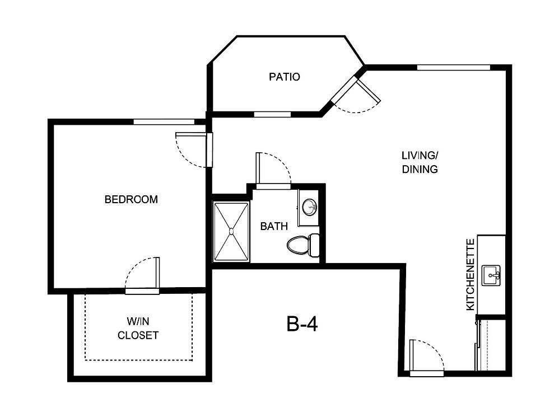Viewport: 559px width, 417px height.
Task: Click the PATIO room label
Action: [x=285, y=77]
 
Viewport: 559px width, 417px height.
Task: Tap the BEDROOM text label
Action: [x=131, y=199]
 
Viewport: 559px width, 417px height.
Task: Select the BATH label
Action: [x=274, y=227]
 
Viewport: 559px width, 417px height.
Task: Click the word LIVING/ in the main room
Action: [x=419, y=155]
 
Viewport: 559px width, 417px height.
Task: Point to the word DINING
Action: [x=419, y=169]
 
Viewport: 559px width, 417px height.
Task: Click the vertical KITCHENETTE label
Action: [x=471, y=274]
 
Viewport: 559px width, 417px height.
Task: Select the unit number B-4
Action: [x=302, y=324]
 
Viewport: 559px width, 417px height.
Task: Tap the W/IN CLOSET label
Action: [x=138, y=329]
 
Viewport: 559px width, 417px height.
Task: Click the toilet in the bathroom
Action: [x=302, y=245]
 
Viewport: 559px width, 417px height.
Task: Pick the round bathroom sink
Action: [x=309, y=207]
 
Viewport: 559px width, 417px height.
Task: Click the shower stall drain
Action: [x=231, y=231]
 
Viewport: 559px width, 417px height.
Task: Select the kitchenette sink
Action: [x=491, y=274]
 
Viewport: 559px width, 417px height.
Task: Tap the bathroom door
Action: [x=258, y=168]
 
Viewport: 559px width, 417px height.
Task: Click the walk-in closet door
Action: [x=159, y=274]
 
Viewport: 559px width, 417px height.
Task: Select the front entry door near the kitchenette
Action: [x=412, y=356]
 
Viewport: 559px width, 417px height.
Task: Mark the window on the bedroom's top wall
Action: [x=163, y=121]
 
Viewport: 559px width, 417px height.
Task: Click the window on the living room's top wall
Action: [x=453, y=68]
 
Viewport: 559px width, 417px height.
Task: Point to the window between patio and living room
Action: [x=272, y=114]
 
